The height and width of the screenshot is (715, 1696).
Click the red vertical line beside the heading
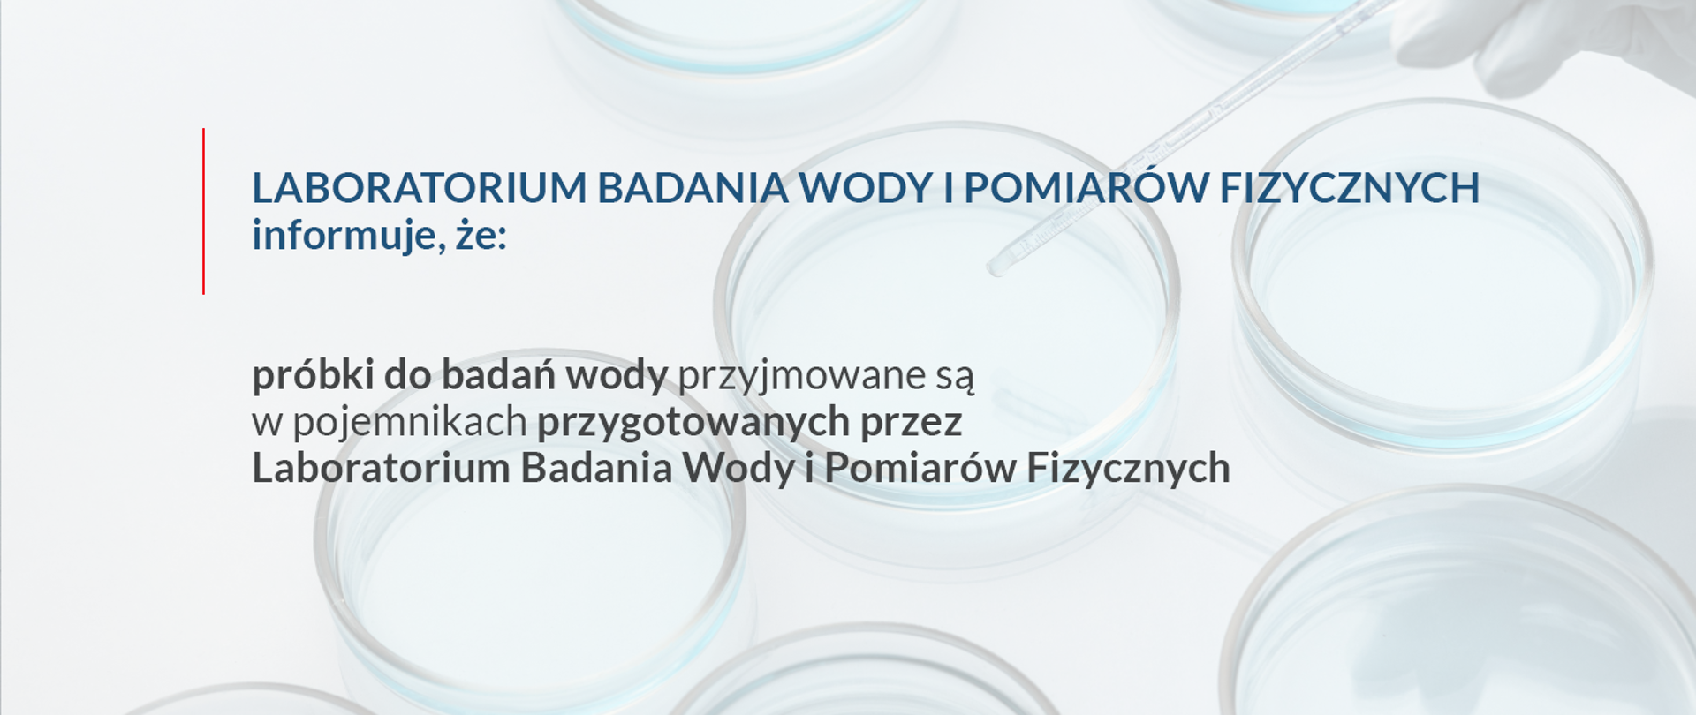pos(203,211)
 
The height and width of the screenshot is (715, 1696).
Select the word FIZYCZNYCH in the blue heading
pos(1350,187)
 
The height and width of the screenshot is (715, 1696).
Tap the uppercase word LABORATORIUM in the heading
pos(420,187)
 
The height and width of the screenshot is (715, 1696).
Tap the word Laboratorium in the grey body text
pos(381,468)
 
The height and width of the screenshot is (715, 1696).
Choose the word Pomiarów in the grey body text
pos(920,468)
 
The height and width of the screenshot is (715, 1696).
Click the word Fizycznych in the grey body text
pos(1128,469)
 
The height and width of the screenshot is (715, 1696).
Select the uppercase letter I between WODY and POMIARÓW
pos(949,187)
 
